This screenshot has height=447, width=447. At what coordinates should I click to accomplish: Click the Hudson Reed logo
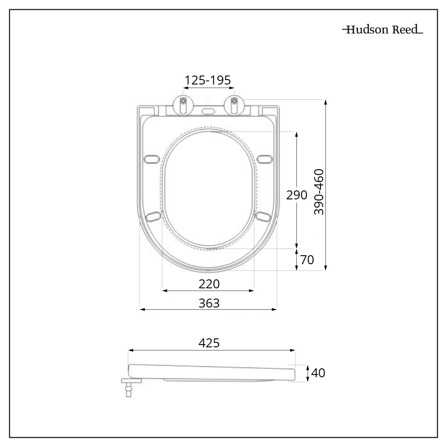click(383, 30)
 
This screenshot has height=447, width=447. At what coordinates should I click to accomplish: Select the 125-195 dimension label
click(208, 80)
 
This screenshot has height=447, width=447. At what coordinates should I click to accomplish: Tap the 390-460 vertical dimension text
click(319, 192)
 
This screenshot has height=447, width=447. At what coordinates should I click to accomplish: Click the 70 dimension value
click(307, 259)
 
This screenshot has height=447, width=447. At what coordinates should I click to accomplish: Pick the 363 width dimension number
click(209, 303)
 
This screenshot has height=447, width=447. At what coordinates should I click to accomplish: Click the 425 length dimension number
click(209, 343)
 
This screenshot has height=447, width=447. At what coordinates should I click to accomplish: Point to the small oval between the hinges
click(208, 110)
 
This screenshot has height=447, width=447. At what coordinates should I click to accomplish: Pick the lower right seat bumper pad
click(263, 216)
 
